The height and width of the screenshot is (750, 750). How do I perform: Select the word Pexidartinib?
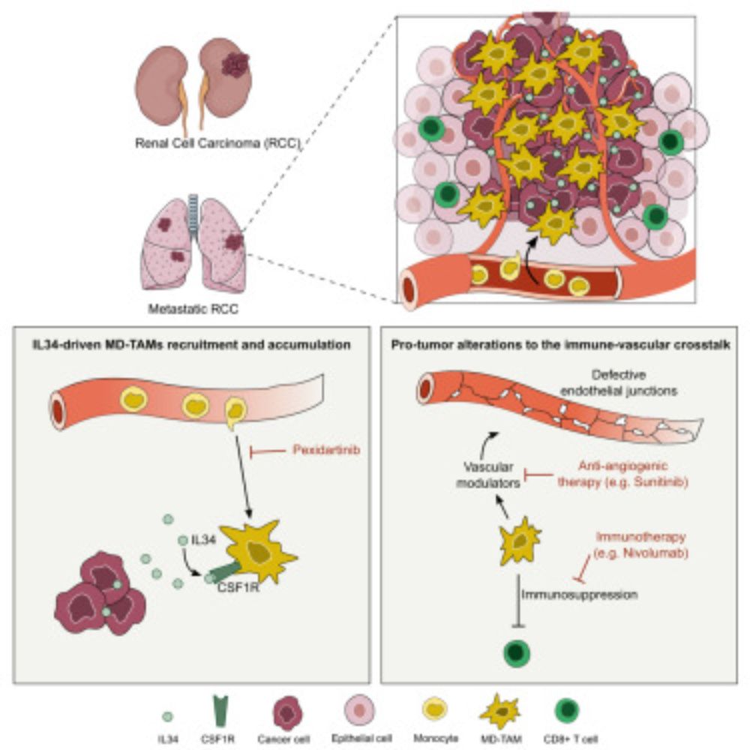tap(317, 451)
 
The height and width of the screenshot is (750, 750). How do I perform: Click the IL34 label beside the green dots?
tap(203, 538)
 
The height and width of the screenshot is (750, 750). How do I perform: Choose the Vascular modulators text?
tap(488, 477)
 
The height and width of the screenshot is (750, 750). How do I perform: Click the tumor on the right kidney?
tap(235, 66)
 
